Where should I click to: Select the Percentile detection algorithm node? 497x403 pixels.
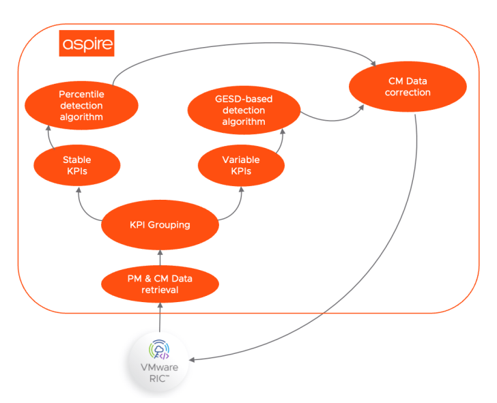(81, 105)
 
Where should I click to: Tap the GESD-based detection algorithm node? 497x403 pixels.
(244, 111)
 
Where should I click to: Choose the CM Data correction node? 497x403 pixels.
(408, 87)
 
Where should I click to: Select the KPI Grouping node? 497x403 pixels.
(160, 224)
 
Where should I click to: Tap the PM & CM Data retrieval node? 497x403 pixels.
(160, 283)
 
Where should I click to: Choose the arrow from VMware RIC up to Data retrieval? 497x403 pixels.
(160, 317)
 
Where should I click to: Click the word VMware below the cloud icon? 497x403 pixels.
(158, 368)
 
